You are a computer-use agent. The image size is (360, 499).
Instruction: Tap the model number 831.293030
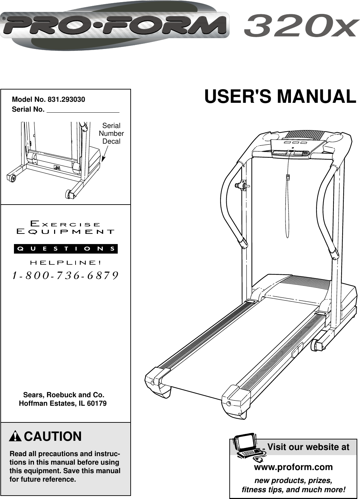click(66, 99)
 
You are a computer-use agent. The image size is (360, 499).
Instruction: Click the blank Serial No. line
click(83, 110)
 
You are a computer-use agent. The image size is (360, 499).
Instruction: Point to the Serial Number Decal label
click(111, 133)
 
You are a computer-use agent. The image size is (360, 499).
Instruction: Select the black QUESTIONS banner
click(66, 249)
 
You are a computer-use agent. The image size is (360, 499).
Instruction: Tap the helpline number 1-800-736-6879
click(65, 275)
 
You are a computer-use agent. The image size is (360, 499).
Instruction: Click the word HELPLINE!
click(66, 263)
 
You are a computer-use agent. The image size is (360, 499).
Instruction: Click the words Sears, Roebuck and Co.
click(64, 395)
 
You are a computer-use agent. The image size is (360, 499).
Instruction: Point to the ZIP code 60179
click(97, 403)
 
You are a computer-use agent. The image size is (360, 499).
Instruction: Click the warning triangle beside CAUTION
click(15, 436)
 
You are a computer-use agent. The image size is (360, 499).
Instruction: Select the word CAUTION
click(53, 436)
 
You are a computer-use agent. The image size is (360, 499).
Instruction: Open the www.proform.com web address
click(293, 467)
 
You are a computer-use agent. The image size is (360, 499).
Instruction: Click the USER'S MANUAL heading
click(280, 97)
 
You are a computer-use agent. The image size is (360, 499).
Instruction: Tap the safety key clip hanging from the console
click(288, 177)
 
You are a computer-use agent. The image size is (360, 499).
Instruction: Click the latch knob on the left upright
click(242, 186)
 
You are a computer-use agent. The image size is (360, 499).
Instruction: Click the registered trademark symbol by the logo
click(4, 19)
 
